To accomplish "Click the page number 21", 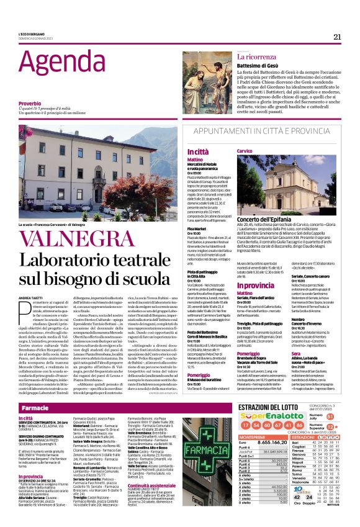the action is pos(337,37).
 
